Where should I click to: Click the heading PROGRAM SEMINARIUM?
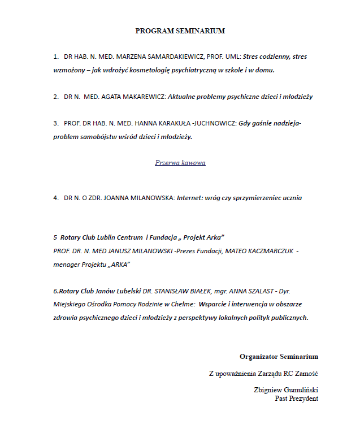coord(180,31)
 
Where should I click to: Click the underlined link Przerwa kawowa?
coord(180,163)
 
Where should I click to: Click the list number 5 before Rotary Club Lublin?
coord(55,236)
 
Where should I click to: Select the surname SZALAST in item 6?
coord(255,291)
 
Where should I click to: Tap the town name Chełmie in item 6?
coord(180,304)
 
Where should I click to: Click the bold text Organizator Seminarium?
coord(279,357)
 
